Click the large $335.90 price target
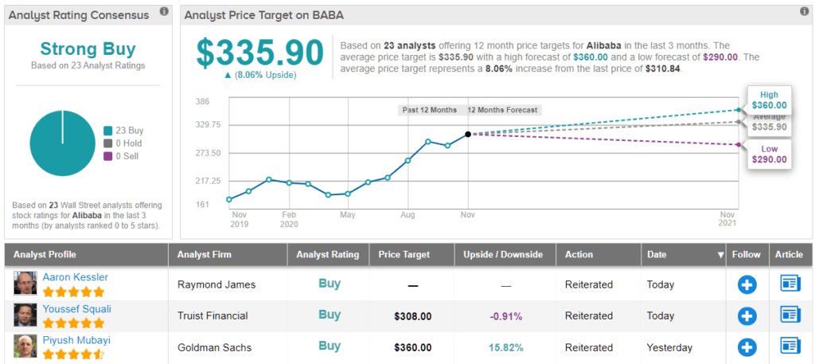(260, 53)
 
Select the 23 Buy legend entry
(126, 131)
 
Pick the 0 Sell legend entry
(123, 156)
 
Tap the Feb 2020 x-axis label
(289, 219)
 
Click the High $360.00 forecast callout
(769, 99)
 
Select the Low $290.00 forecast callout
(769, 154)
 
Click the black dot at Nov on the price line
(468, 134)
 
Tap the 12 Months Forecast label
(502, 110)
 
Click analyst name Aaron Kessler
(75, 277)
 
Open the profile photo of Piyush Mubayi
(24, 347)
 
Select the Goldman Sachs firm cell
(214, 347)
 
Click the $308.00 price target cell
(412, 316)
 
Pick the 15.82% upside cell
(506, 347)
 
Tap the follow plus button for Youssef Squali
(747, 315)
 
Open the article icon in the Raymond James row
(790, 284)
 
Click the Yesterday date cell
(670, 347)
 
